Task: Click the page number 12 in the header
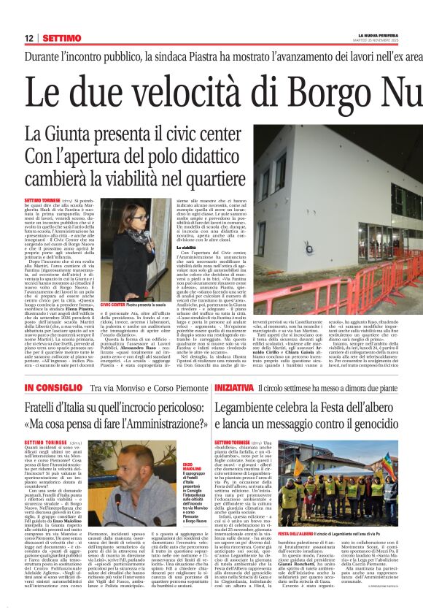pyautogui.click(x=28, y=38)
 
